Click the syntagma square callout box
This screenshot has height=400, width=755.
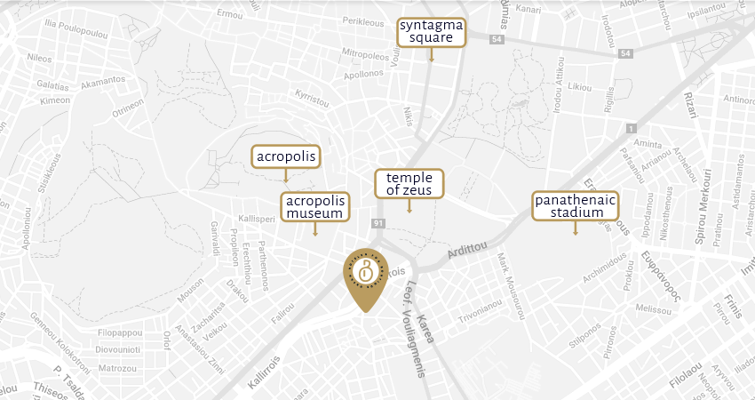(431, 31)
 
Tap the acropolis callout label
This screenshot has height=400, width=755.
(285, 157)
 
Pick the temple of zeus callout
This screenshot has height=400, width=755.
(409, 183)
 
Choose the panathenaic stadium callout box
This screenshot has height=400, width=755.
(575, 206)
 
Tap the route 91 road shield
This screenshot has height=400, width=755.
(378, 222)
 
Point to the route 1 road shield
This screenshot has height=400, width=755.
(632, 129)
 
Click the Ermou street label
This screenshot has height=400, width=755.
(229, 14)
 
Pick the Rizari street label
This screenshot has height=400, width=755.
(690, 104)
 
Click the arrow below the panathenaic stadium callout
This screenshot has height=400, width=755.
(575, 229)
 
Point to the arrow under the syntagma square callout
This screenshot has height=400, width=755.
(431, 55)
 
